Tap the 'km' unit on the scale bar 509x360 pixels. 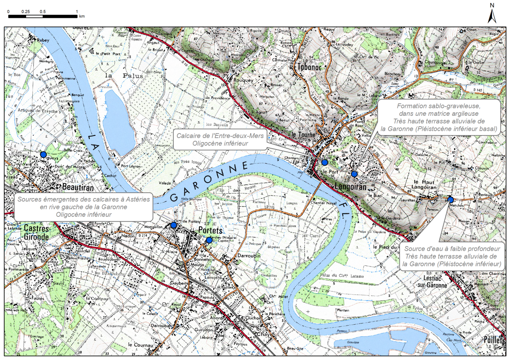(x=82, y=17)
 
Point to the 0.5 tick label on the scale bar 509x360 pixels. (x=42, y=11)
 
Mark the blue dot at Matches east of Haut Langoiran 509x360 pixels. (x=450, y=200)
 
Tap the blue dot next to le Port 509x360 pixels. (x=325, y=162)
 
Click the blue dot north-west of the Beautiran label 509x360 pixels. (x=43, y=154)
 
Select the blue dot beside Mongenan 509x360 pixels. (x=173, y=225)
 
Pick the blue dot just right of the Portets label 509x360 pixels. (x=209, y=240)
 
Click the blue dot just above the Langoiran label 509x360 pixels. (x=354, y=174)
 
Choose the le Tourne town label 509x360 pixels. (x=305, y=135)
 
